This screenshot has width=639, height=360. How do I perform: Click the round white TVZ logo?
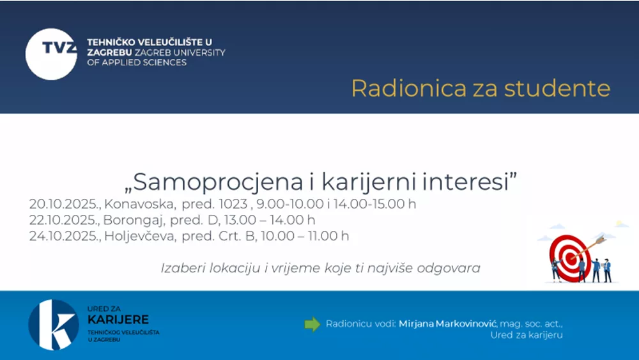tap(51, 54)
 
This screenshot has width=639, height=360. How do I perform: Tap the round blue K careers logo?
tap(54, 325)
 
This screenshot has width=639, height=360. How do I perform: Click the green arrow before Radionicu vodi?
tap(312, 325)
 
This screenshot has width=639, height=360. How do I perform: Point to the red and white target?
tap(570, 258)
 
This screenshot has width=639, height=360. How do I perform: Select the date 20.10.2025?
tap(64, 204)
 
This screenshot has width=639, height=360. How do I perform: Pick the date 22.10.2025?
tap(64, 220)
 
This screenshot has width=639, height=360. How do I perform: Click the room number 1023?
tap(233, 204)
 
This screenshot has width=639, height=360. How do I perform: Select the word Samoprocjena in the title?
tap(218, 182)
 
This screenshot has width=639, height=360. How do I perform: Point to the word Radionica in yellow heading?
tap(409, 88)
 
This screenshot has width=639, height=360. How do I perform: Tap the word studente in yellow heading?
tap(557, 88)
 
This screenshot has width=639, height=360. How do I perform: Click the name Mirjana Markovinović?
tap(447, 324)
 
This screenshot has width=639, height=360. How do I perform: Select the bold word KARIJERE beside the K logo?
tap(118, 320)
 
